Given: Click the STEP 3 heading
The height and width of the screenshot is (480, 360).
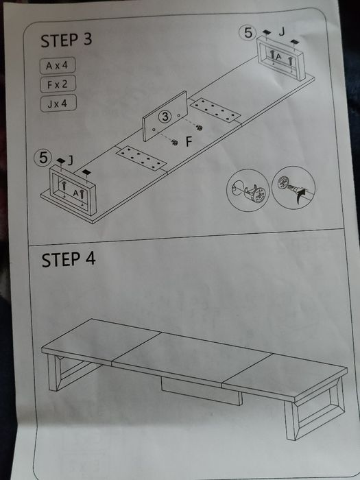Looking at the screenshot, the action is point(66,40).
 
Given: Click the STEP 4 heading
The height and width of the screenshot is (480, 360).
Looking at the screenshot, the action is point(69,260).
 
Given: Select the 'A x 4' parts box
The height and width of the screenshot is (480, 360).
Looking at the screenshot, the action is point(58,65).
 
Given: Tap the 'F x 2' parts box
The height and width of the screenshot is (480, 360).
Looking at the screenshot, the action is point(58,84).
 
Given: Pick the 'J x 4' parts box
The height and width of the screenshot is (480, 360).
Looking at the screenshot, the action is point(58,104).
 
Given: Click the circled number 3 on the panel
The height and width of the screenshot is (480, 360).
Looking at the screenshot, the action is point(165,117).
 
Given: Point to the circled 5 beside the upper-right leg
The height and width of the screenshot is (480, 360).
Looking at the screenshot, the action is point(248,33).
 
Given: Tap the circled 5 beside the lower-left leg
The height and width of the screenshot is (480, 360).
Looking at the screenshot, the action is point(43,158).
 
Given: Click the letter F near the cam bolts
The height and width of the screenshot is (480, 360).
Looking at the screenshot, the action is point(189,142).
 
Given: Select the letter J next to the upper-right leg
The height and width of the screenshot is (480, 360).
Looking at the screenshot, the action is point(282,32).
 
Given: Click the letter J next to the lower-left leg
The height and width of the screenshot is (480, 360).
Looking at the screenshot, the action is point(71,160).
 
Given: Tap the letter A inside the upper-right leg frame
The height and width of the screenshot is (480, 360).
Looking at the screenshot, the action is point(278,56).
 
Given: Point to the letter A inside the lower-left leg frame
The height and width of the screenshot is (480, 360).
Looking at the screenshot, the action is point(75,193).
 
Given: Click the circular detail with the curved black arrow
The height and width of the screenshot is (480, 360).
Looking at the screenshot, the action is point(293,188).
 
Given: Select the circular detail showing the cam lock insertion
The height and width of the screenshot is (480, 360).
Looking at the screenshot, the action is point(248,190).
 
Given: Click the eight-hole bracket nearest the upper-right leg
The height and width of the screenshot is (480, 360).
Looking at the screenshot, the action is point(215,110).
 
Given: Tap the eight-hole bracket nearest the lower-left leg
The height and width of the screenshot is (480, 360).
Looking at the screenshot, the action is point(141,158).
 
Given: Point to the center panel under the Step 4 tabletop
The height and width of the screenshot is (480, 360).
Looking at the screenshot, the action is point(202,392).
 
